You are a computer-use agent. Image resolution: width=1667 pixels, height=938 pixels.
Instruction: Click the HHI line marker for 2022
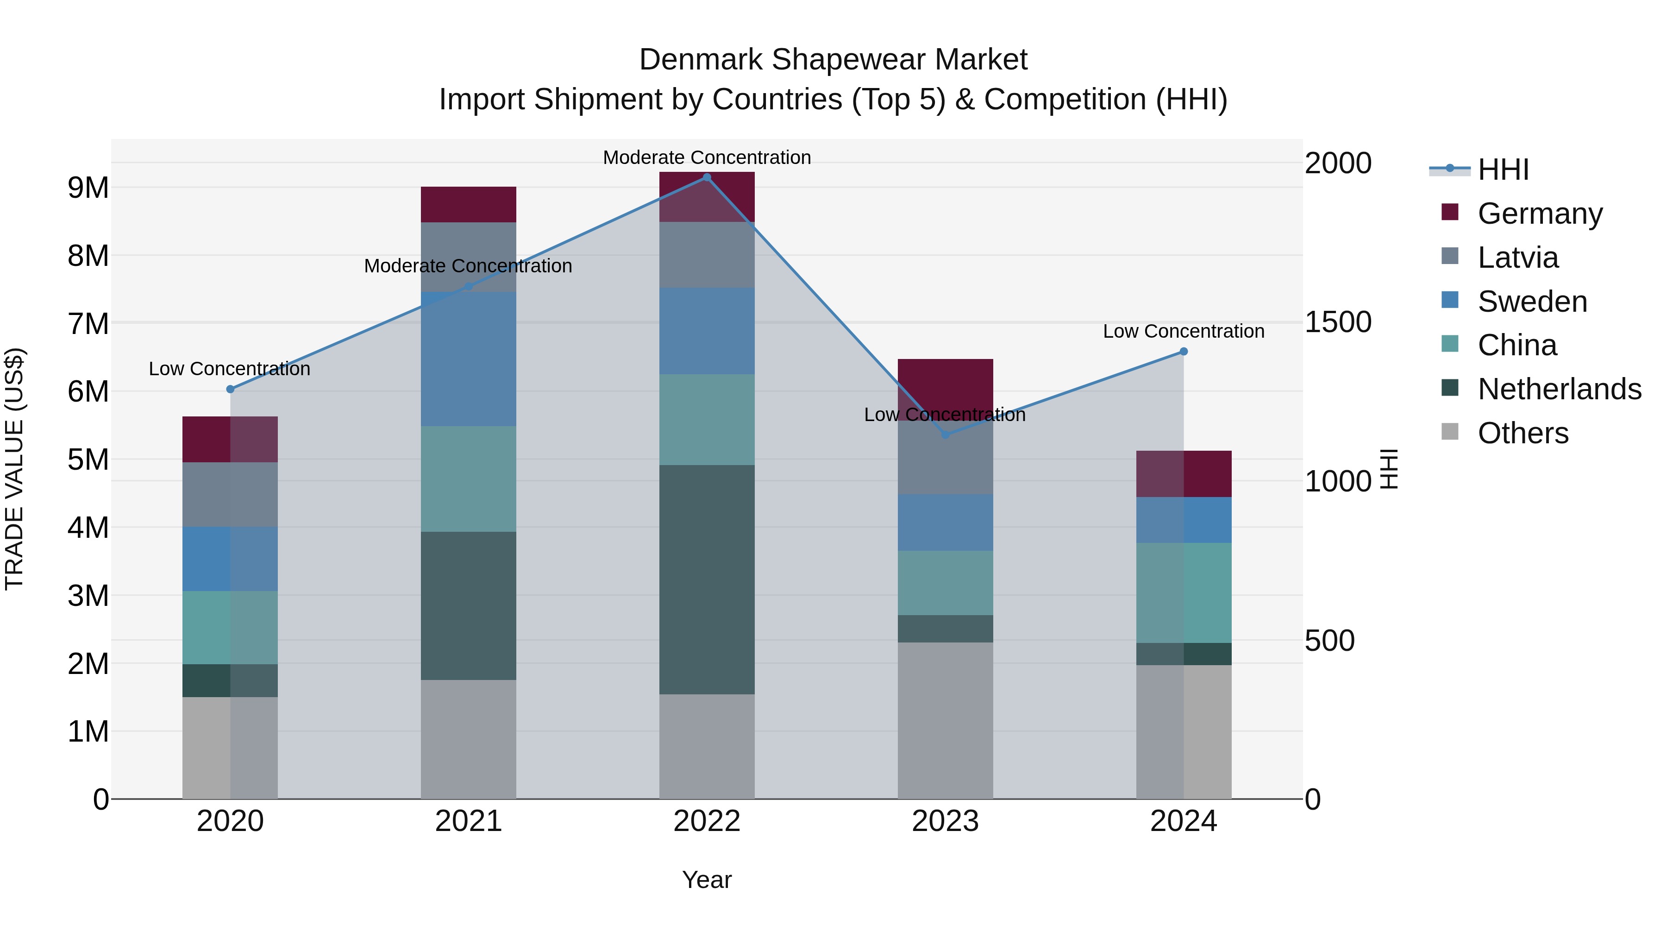click(x=707, y=177)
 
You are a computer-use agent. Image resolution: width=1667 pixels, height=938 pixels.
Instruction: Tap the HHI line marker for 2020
click(x=231, y=389)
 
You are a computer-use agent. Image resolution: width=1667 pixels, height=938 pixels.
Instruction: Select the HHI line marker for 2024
click(x=1184, y=352)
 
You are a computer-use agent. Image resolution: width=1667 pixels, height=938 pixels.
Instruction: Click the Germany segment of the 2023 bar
click(x=946, y=389)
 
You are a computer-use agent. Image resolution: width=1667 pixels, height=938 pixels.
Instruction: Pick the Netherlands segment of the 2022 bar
click(x=707, y=579)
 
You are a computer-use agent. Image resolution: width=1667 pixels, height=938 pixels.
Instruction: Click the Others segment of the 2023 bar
click(x=946, y=720)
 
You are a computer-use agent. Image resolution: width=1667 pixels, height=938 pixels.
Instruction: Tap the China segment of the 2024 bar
click(x=1184, y=592)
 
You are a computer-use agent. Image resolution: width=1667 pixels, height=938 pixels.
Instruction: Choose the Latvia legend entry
click(x=1517, y=258)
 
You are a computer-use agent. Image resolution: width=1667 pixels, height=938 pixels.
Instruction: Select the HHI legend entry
click(x=1503, y=170)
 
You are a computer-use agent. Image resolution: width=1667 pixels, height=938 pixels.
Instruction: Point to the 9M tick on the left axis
click(x=88, y=188)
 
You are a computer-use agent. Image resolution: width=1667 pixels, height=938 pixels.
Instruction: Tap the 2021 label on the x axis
click(x=469, y=821)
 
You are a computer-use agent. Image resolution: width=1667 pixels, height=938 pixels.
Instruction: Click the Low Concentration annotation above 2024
click(x=1184, y=332)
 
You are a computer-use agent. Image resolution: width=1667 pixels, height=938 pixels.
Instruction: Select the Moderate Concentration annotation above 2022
click(x=707, y=157)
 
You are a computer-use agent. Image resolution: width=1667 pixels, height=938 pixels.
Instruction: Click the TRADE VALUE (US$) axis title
click(x=14, y=469)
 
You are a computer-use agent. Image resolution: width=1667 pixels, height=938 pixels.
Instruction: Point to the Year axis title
click(x=707, y=880)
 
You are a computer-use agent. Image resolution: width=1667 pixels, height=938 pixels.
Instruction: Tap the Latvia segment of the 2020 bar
click(x=231, y=495)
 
